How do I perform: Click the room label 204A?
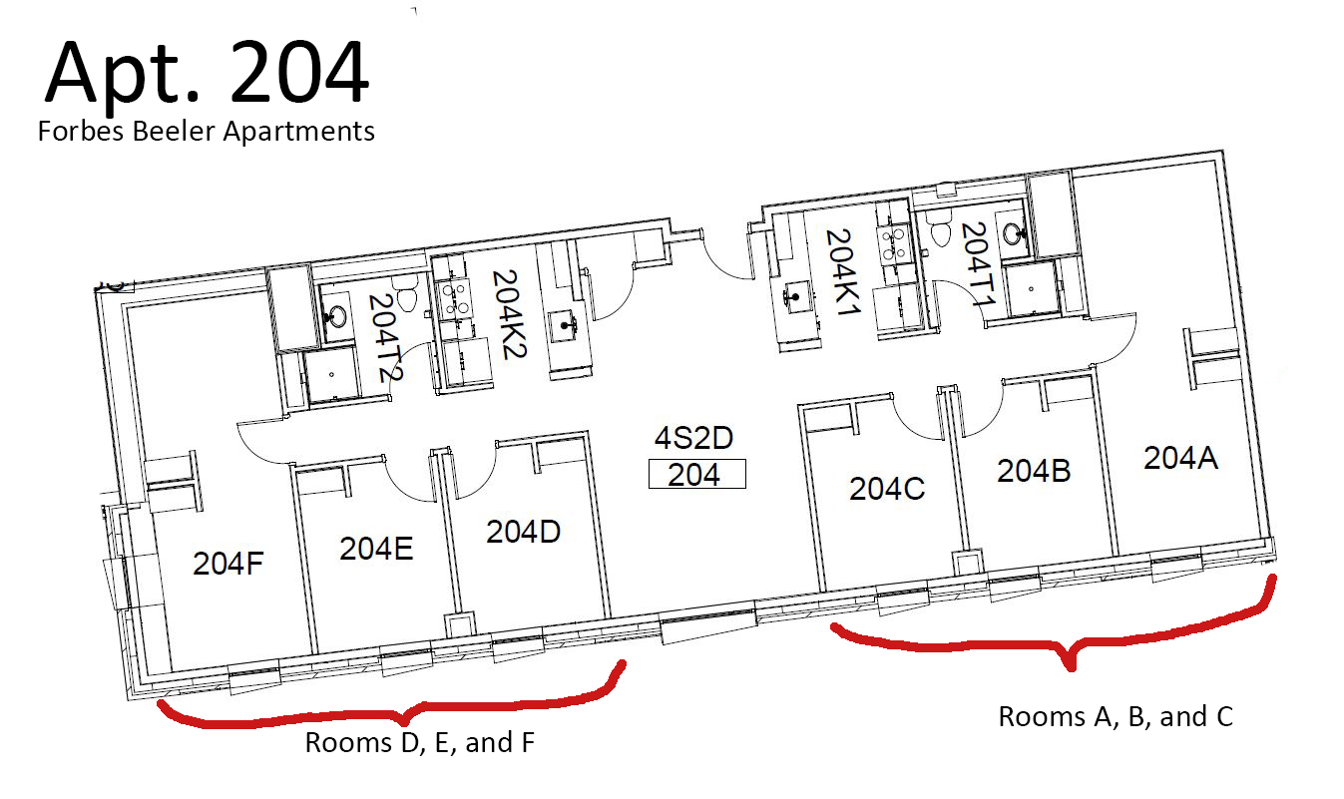[x=1180, y=458]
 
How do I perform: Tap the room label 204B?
[x=1034, y=471]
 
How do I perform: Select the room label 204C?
[x=887, y=489]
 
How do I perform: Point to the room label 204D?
[x=523, y=532]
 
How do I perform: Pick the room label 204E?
[x=376, y=549]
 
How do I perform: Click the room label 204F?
[x=228, y=564]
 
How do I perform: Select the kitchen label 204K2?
[x=510, y=314]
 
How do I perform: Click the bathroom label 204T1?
[x=979, y=264]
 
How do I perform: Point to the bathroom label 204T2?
[x=384, y=338]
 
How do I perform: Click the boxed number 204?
[x=697, y=474]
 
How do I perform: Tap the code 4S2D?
[x=693, y=438]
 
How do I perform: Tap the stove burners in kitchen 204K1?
[x=892, y=241]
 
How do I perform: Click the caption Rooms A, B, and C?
[x=1116, y=717]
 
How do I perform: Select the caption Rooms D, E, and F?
[x=419, y=742]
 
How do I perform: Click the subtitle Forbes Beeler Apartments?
[x=207, y=132]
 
